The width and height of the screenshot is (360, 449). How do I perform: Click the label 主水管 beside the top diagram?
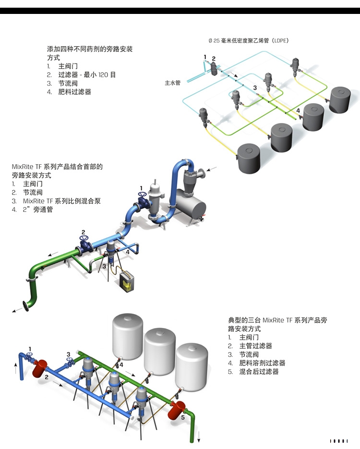tap(172, 83)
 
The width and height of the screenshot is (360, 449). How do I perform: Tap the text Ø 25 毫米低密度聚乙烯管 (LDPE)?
tap(248, 41)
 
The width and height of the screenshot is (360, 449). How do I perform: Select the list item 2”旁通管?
tap(38, 210)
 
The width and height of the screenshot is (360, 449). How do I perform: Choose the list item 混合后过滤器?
tap(259, 372)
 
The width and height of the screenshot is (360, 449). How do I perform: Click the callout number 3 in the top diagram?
tap(255, 87)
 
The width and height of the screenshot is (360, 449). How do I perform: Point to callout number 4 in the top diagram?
tap(298, 110)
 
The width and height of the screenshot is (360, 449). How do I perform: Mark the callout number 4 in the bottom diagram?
tap(121, 365)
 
